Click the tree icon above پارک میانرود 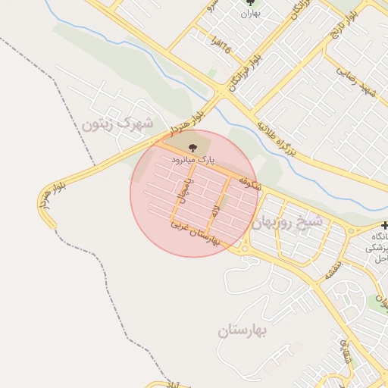tap(191, 147)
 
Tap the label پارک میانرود tap(193, 161)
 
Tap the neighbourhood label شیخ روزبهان tap(287, 222)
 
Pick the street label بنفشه tap(333, 270)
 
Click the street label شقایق tap(346, 350)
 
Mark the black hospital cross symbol tap(383, 226)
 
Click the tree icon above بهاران tap(251, 2)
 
